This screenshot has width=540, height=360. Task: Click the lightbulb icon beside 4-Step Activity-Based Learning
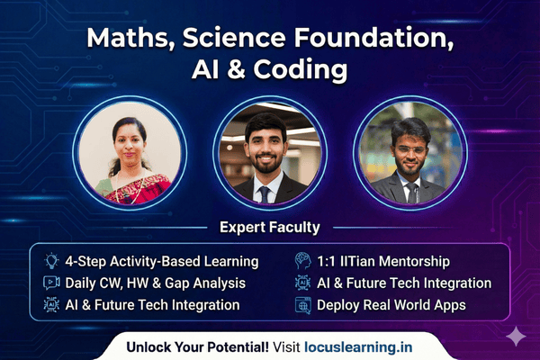pyautogui.click(x=50, y=262)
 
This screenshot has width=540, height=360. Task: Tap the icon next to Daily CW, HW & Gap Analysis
pyautogui.click(x=50, y=283)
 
